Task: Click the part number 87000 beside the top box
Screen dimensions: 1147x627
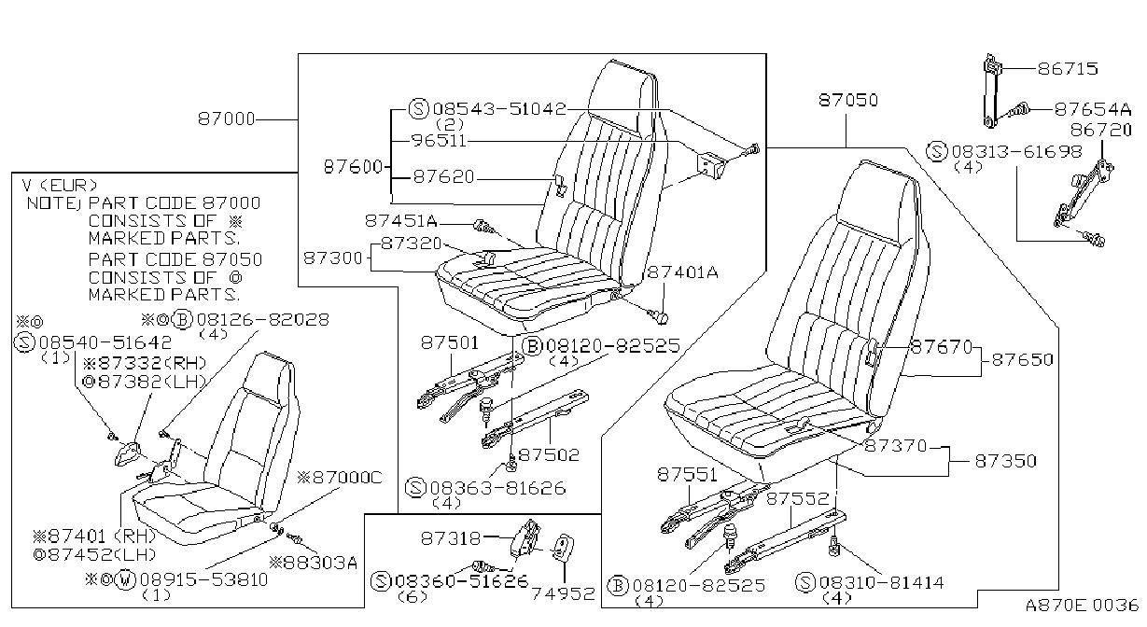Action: [x=227, y=119]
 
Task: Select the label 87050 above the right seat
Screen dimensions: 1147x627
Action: [x=848, y=100]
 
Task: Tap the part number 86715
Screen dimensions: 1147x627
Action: [x=1068, y=69]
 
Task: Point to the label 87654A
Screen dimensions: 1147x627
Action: [x=1092, y=109]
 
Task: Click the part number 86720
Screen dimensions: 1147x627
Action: [x=1101, y=131]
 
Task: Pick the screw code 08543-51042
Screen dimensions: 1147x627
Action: [x=499, y=109]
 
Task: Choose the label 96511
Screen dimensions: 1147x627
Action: [x=440, y=141]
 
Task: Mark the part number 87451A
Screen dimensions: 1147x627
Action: [x=401, y=221]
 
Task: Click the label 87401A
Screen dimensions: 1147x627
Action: [x=682, y=272]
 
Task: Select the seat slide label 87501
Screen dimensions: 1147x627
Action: [x=450, y=342]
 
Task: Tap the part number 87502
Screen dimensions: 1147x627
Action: [x=549, y=455]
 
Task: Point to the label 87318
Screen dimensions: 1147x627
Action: [x=451, y=538]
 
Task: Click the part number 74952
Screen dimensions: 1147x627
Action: [x=564, y=593]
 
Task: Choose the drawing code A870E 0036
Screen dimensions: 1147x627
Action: [x=1082, y=606]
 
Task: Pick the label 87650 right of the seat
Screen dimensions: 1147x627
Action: [x=1022, y=360]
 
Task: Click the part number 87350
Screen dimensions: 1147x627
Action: [x=1005, y=461]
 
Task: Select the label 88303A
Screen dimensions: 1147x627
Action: [x=314, y=563]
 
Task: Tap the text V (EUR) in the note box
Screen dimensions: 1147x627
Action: [x=60, y=185]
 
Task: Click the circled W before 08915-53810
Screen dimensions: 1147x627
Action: [x=125, y=580]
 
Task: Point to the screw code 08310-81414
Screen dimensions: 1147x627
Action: [x=881, y=582]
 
